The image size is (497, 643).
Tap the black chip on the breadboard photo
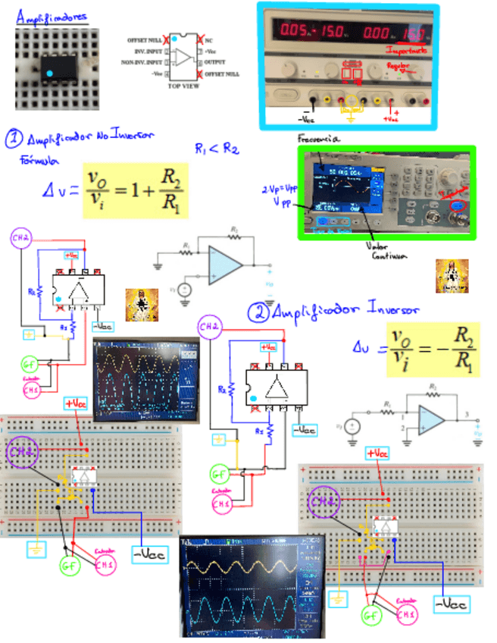point(56,67)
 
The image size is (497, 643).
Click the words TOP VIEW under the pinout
point(183,86)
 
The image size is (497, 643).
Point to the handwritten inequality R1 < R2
point(217,148)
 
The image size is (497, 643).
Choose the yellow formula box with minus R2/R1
point(433,350)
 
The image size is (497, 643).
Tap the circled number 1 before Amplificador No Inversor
point(14,139)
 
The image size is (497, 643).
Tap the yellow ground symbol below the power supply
point(350,118)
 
